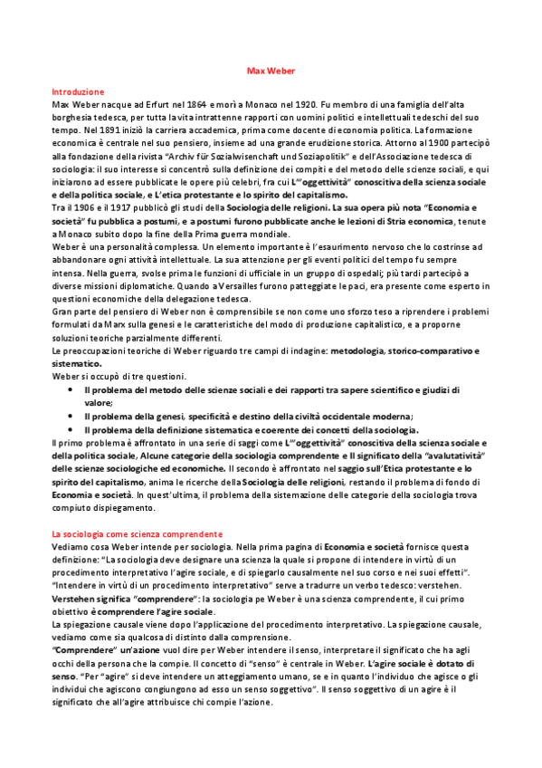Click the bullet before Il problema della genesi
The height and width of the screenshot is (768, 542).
click(71, 414)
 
